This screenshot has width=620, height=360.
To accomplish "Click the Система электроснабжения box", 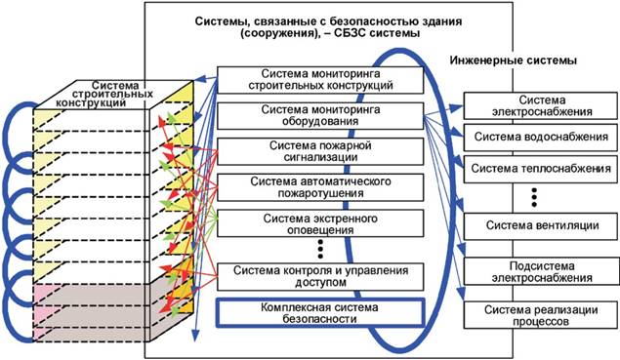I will (541, 105).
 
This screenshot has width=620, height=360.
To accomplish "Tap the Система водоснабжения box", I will (541, 140).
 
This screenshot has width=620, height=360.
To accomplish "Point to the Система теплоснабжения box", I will (541, 170).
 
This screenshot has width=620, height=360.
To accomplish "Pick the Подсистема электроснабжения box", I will (541, 271).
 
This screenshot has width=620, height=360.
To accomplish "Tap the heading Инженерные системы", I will (513, 61).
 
